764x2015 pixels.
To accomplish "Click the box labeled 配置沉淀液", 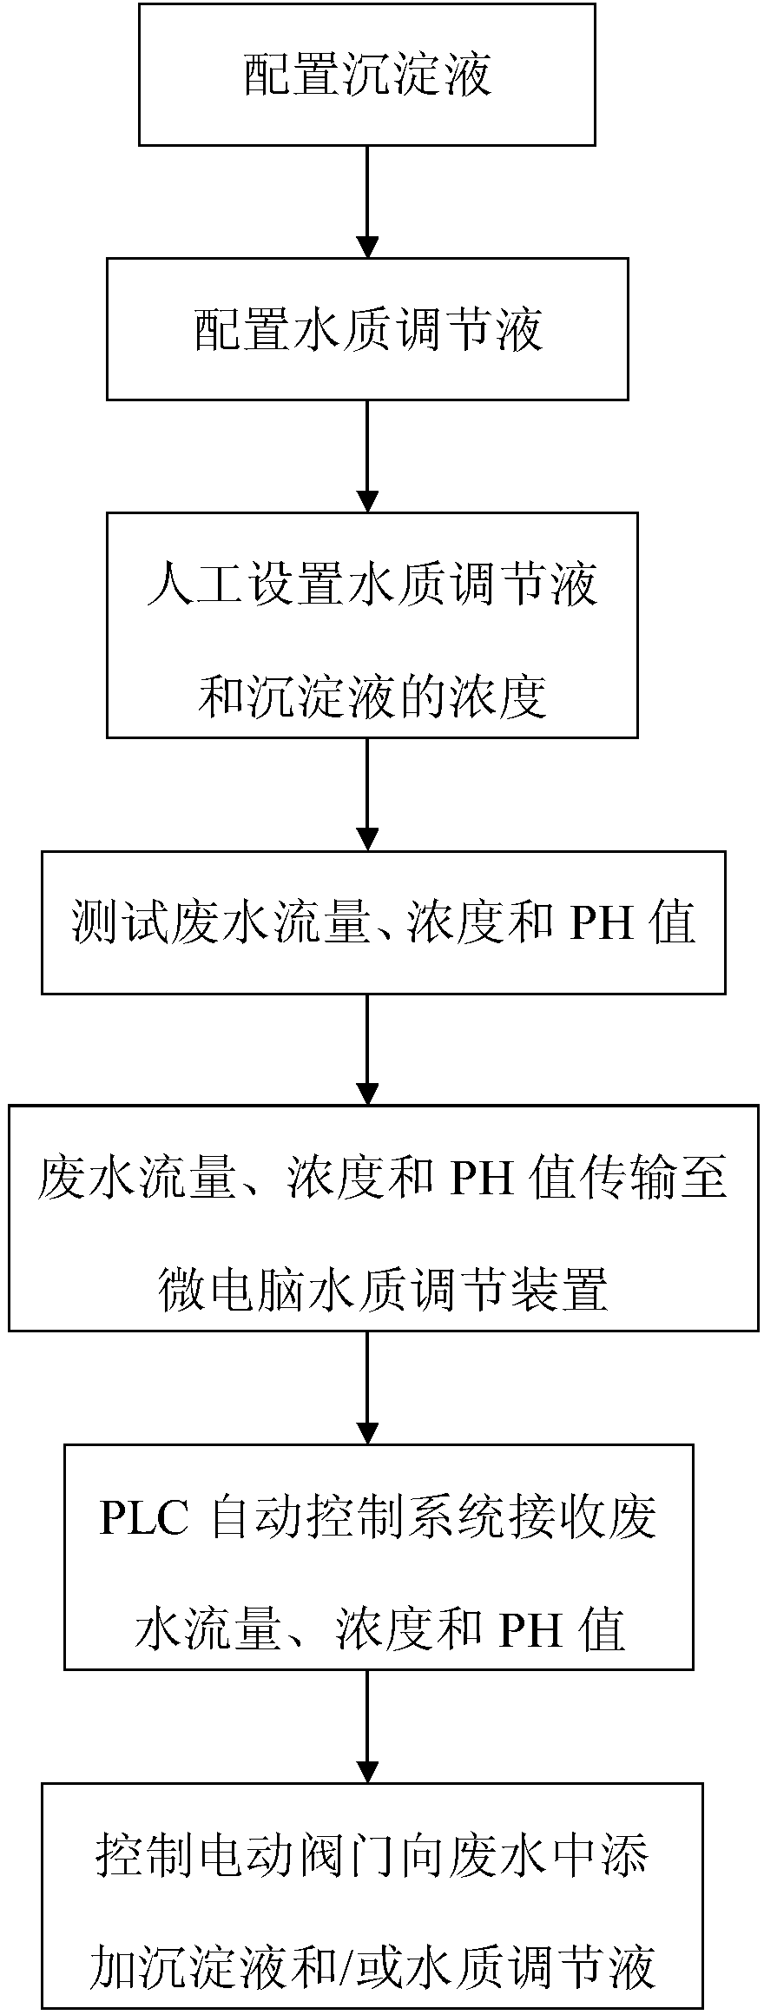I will [367, 74].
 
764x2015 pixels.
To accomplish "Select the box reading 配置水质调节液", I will [367, 330].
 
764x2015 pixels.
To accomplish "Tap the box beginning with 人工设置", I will [372, 624].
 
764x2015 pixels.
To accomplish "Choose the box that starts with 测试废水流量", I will [383, 922].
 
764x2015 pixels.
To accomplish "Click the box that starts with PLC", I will [379, 1556].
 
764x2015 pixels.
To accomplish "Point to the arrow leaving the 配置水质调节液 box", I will [368, 455].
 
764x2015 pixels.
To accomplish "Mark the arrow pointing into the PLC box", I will [368, 1386].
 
